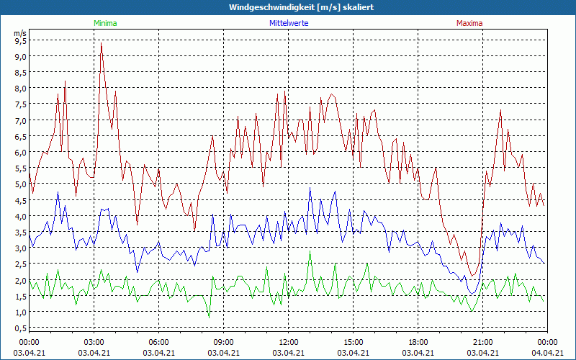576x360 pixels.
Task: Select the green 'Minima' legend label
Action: (x=105, y=23)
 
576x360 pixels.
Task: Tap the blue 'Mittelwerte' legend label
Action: (x=288, y=23)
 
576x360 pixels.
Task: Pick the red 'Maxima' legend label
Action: (x=469, y=23)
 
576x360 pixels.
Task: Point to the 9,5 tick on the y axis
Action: (x=20, y=40)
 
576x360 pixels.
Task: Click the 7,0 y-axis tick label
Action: (x=20, y=120)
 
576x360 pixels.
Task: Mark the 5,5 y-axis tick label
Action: (x=20, y=168)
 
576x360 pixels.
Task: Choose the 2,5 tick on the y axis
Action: (x=20, y=264)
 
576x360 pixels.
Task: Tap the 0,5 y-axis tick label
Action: (x=20, y=328)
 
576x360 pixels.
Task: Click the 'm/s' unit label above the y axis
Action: (x=19, y=32)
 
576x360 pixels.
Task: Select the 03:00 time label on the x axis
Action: (x=94, y=341)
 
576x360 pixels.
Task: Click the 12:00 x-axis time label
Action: (x=289, y=341)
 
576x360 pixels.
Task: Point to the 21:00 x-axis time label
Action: (x=483, y=341)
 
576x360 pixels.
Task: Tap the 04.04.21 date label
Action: (x=547, y=353)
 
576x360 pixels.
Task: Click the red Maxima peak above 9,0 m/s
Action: (x=101, y=43)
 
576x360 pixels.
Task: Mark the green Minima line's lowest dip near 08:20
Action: (x=209, y=317)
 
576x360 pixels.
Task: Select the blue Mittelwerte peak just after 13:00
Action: (x=310, y=188)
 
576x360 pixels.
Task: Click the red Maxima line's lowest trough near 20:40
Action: (x=474, y=276)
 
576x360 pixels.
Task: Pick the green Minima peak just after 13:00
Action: (x=310, y=251)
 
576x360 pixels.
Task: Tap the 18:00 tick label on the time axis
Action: (x=418, y=341)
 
